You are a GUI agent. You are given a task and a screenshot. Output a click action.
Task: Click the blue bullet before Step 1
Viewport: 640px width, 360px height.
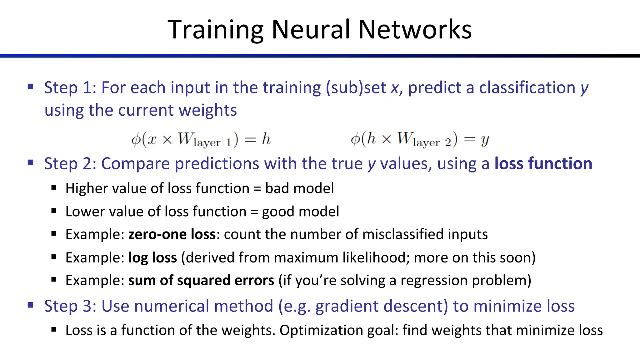[x=31, y=87]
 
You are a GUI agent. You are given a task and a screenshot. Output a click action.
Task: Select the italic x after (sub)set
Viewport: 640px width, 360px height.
[x=395, y=88]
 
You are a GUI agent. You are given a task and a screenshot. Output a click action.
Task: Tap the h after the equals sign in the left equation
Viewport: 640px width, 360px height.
[x=266, y=139]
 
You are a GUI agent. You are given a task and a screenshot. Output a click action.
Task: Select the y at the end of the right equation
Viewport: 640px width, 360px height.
[x=485, y=140]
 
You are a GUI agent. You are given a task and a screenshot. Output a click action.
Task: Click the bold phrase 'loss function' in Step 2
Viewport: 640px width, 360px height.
[x=543, y=164]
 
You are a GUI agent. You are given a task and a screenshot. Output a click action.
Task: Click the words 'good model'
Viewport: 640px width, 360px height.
[x=300, y=212]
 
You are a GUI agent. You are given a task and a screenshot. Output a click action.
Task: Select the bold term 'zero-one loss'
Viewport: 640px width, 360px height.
[x=172, y=234]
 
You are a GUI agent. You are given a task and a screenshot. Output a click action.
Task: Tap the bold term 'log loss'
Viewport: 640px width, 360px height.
[x=152, y=258]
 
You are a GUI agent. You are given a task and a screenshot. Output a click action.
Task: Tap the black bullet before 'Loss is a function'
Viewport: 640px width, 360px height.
[x=54, y=329]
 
